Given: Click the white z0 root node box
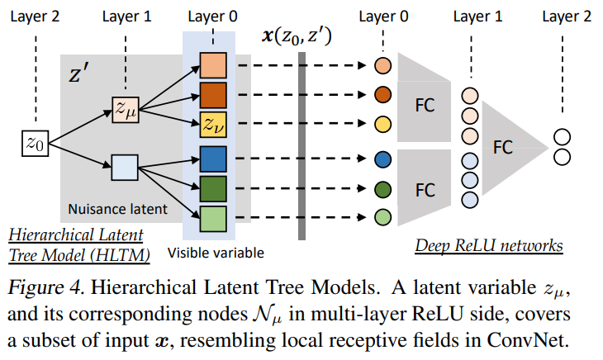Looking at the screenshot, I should pos(33,144).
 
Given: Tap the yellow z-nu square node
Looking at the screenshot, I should pos(211,124).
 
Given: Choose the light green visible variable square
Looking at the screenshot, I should pos(211,219).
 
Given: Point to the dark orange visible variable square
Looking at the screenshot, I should pos(211,93).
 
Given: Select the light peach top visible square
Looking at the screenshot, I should pos(211,64).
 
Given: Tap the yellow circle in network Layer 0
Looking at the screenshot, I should pos(382,125).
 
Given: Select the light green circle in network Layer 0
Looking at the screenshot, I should pos(382,219).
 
